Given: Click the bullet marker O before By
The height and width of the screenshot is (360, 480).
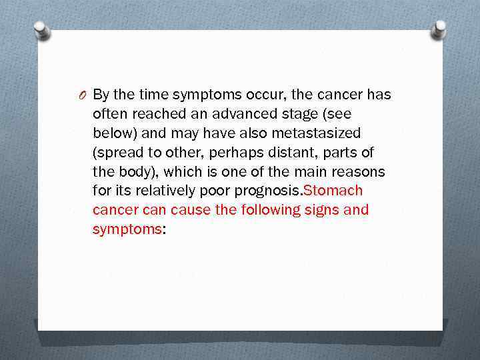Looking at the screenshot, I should click(x=81, y=95).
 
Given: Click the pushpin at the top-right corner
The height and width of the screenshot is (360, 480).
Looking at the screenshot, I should click(x=439, y=29).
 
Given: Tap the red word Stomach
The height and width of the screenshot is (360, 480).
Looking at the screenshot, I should click(x=333, y=191).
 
